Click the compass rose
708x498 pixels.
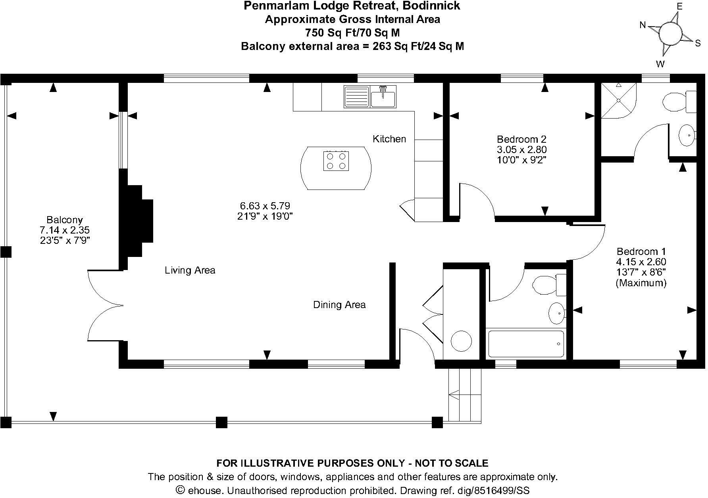(x=670, y=34)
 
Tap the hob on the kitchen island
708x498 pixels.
(x=336, y=161)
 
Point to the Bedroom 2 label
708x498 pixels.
(x=521, y=149)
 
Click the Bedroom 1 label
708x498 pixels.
(x=641, y=266)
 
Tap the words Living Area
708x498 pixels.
(x=190, y=270)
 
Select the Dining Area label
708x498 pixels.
(x=339, y=305)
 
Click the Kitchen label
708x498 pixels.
(x=389, y=139)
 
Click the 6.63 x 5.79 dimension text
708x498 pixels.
(x=265, y=206)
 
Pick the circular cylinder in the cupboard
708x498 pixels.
(x=461, y=341)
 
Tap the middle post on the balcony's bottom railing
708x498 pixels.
(x=221, y=422)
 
